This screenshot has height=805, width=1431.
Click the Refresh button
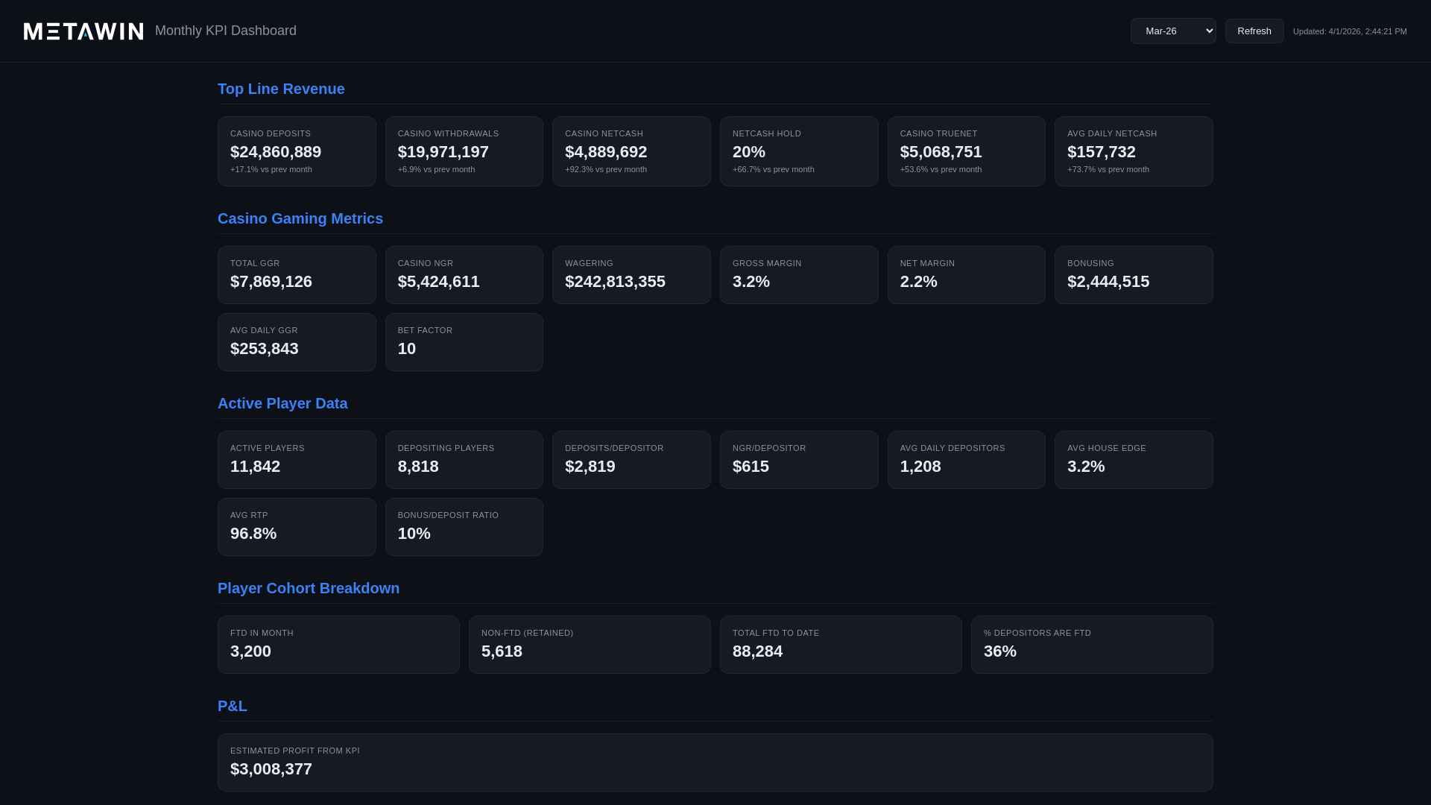click(x=1254, y=31)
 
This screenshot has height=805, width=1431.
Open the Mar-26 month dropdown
click(x=1172, y=31)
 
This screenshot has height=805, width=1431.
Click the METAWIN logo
click(x=83, y=31)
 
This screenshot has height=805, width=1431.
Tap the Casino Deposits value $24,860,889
click(x=276, y=152)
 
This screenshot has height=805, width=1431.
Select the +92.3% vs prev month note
click(x=605, y=170)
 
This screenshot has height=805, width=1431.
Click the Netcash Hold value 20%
click(x=748, y=152)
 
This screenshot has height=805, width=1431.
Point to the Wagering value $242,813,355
click(x=614, y=282)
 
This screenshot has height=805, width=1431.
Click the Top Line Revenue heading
click(x=281, y=89)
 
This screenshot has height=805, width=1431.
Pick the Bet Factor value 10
click(x=406, y=349)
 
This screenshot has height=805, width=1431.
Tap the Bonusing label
click(x=1090, y=264)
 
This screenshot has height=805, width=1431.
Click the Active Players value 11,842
click(x=255, y=467)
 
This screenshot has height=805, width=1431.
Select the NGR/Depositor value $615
click(x=750, y=467)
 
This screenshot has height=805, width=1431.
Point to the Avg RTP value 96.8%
click(x=253, y=534)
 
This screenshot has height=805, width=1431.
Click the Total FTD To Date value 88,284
click(x=757, y=651)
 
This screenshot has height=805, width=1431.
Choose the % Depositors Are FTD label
click(x=1037, y=634)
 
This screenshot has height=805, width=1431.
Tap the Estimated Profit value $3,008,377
click(x=271, y=769)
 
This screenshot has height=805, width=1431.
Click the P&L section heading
click(x=232, y=707)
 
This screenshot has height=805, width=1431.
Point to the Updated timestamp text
click(x=1349, y=32)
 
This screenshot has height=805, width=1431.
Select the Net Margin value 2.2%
click(x=918, y=282)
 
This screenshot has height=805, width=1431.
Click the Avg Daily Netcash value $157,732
click(x=1101, y=152)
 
